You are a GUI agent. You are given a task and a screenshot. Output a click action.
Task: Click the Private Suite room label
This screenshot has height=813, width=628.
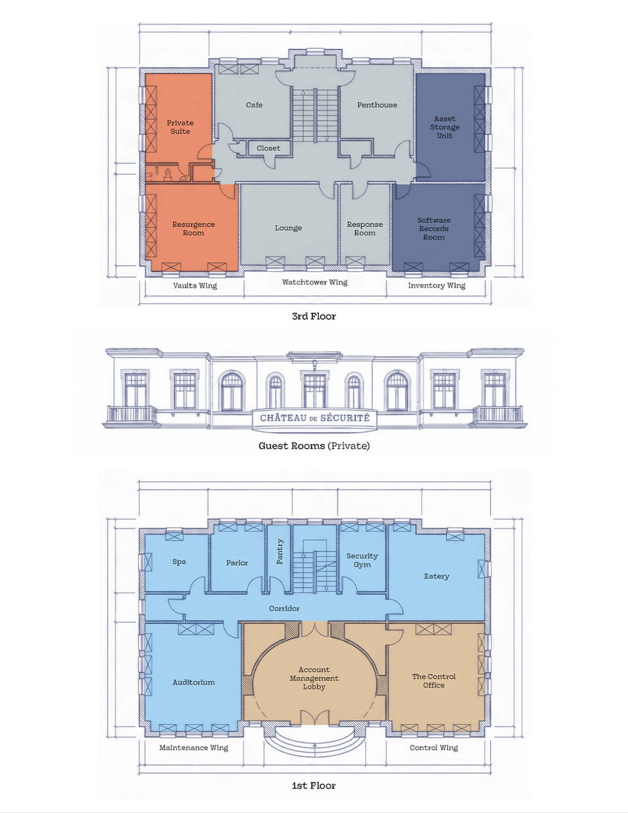click(x=180, y=127)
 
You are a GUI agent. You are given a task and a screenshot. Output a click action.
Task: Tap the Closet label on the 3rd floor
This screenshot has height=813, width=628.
click(x=268, y=148)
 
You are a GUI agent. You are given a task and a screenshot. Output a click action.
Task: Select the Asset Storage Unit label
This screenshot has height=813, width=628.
click(x=444, y=127)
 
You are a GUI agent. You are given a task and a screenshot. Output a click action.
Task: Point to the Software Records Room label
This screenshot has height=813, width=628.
click(x=434, y=229)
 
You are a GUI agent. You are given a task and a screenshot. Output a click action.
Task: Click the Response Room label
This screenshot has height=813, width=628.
click(x=364, y=229)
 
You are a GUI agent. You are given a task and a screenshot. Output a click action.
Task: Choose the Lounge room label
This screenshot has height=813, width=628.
click(x=288, y=228)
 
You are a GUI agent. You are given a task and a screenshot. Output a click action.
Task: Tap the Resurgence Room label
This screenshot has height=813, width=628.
click(x=193, y=229)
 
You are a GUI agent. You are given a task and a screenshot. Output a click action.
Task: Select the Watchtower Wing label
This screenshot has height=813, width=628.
click(x=315, y=282)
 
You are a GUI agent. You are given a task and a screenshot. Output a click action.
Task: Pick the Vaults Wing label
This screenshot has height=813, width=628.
click(x=195, y=286)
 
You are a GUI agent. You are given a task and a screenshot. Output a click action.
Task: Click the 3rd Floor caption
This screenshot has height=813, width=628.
click(x=313, y=316)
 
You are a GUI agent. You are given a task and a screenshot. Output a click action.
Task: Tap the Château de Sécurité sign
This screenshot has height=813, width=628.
click(x=315, y=418)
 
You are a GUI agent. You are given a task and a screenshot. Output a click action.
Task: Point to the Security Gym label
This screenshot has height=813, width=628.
click(x=362, y=561)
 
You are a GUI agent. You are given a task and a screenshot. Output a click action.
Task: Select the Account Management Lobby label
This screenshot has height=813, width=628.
click(x=314, y=679)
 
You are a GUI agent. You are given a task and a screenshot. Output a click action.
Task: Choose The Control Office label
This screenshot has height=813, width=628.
click(x=434, y=681)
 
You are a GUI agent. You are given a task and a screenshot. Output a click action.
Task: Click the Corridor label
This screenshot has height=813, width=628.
click(x=284, y=608)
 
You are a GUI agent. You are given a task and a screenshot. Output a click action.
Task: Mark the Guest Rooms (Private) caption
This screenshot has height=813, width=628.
click(x=314, y=446)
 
